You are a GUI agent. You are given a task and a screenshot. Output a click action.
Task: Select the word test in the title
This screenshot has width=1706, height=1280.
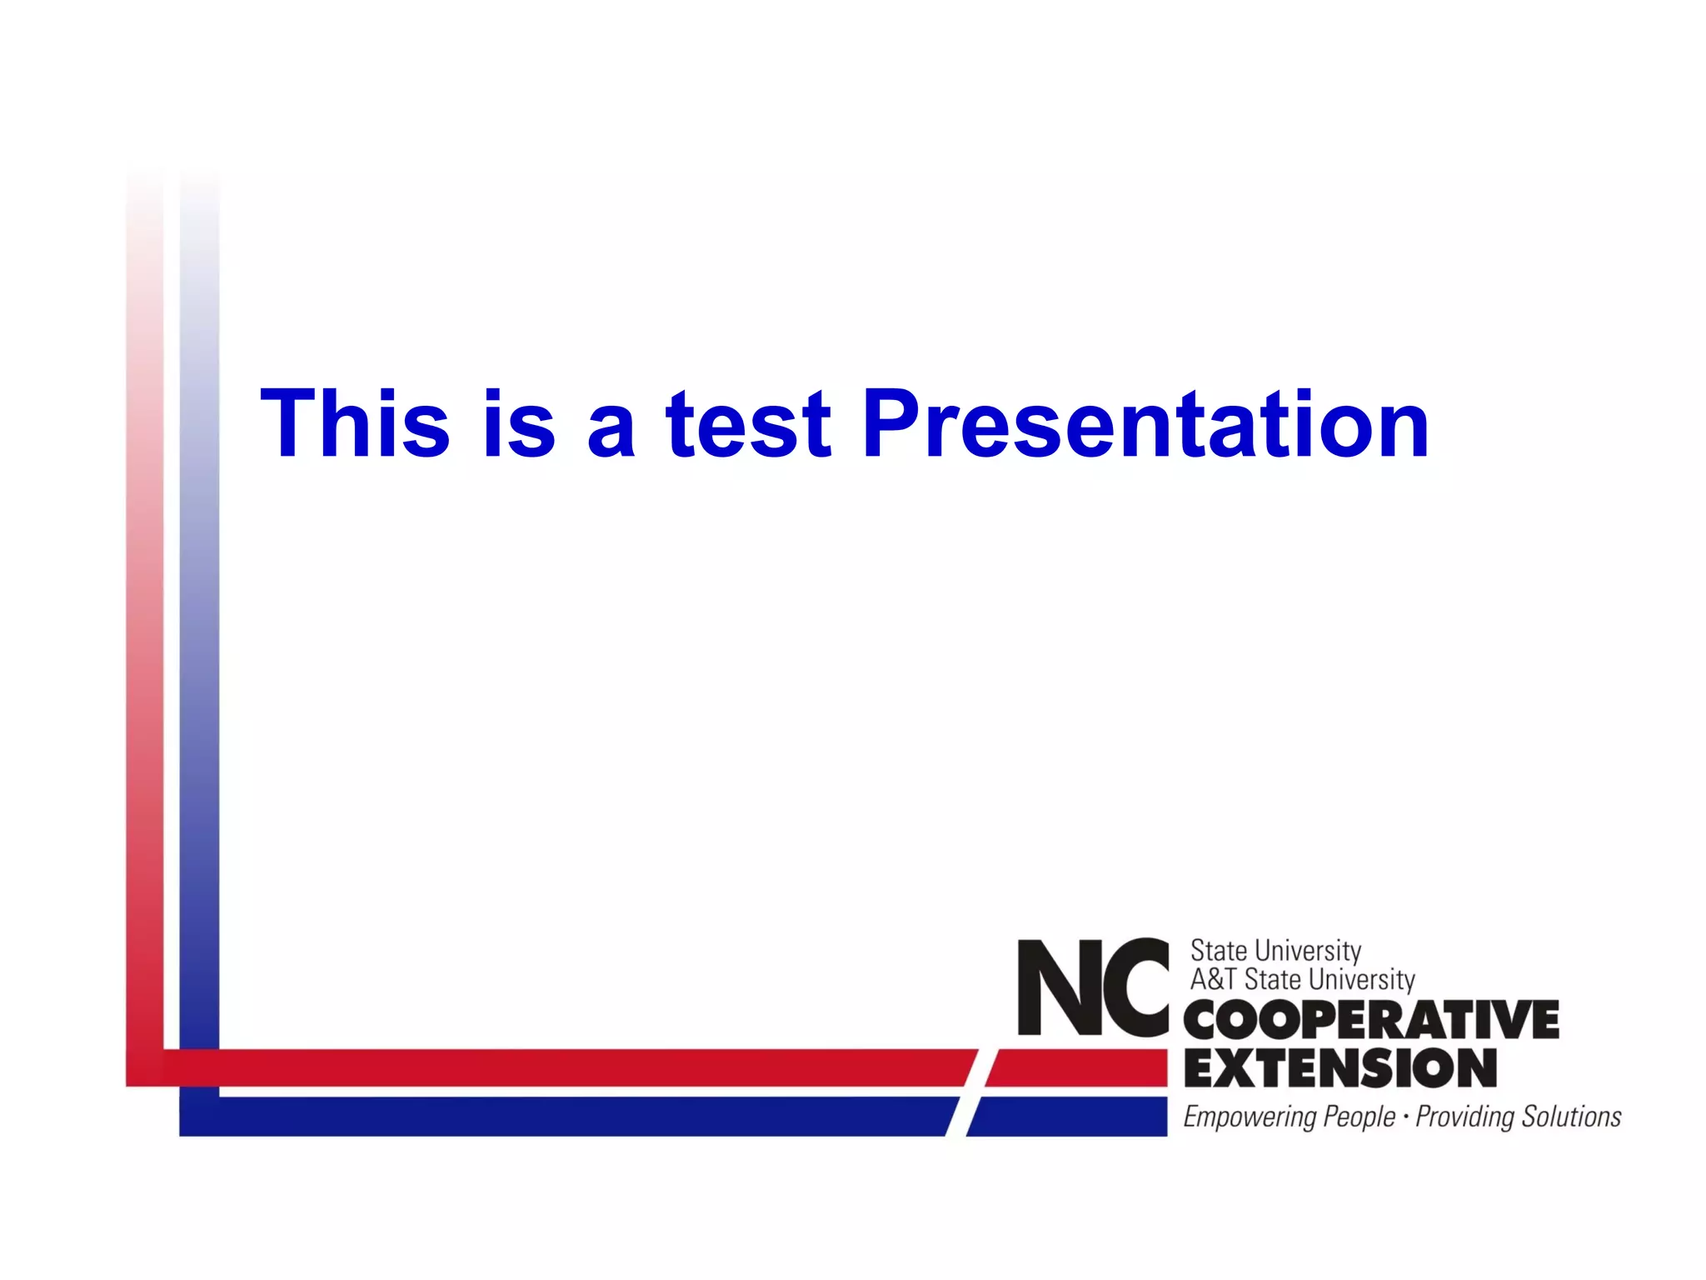coord(748,425)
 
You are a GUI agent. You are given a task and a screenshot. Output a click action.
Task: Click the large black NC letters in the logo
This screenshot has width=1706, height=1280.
coord(1093,987)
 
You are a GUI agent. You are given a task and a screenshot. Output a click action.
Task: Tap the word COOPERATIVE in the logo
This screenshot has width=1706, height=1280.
coord(1371,1020)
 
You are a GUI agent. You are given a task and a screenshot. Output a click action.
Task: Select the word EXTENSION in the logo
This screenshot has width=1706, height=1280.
coord(1339,1068)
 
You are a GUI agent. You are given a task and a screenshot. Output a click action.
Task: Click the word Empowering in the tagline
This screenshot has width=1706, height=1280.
coord(1249,1117)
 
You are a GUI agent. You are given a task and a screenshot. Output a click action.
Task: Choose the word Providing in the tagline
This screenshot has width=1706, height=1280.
coord(1464,1117)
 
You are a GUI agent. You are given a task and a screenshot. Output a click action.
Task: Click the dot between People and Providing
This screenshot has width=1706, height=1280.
coord(1406,1115)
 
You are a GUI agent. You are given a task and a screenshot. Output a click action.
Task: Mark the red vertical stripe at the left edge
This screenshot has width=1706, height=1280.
coord(144,667)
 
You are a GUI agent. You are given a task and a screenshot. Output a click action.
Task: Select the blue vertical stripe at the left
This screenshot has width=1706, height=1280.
coord(199,667)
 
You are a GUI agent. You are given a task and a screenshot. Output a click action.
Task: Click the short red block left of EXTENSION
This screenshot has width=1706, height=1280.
coord(1078,1067)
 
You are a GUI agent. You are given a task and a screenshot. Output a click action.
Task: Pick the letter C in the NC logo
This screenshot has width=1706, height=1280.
coord(1135,987)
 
